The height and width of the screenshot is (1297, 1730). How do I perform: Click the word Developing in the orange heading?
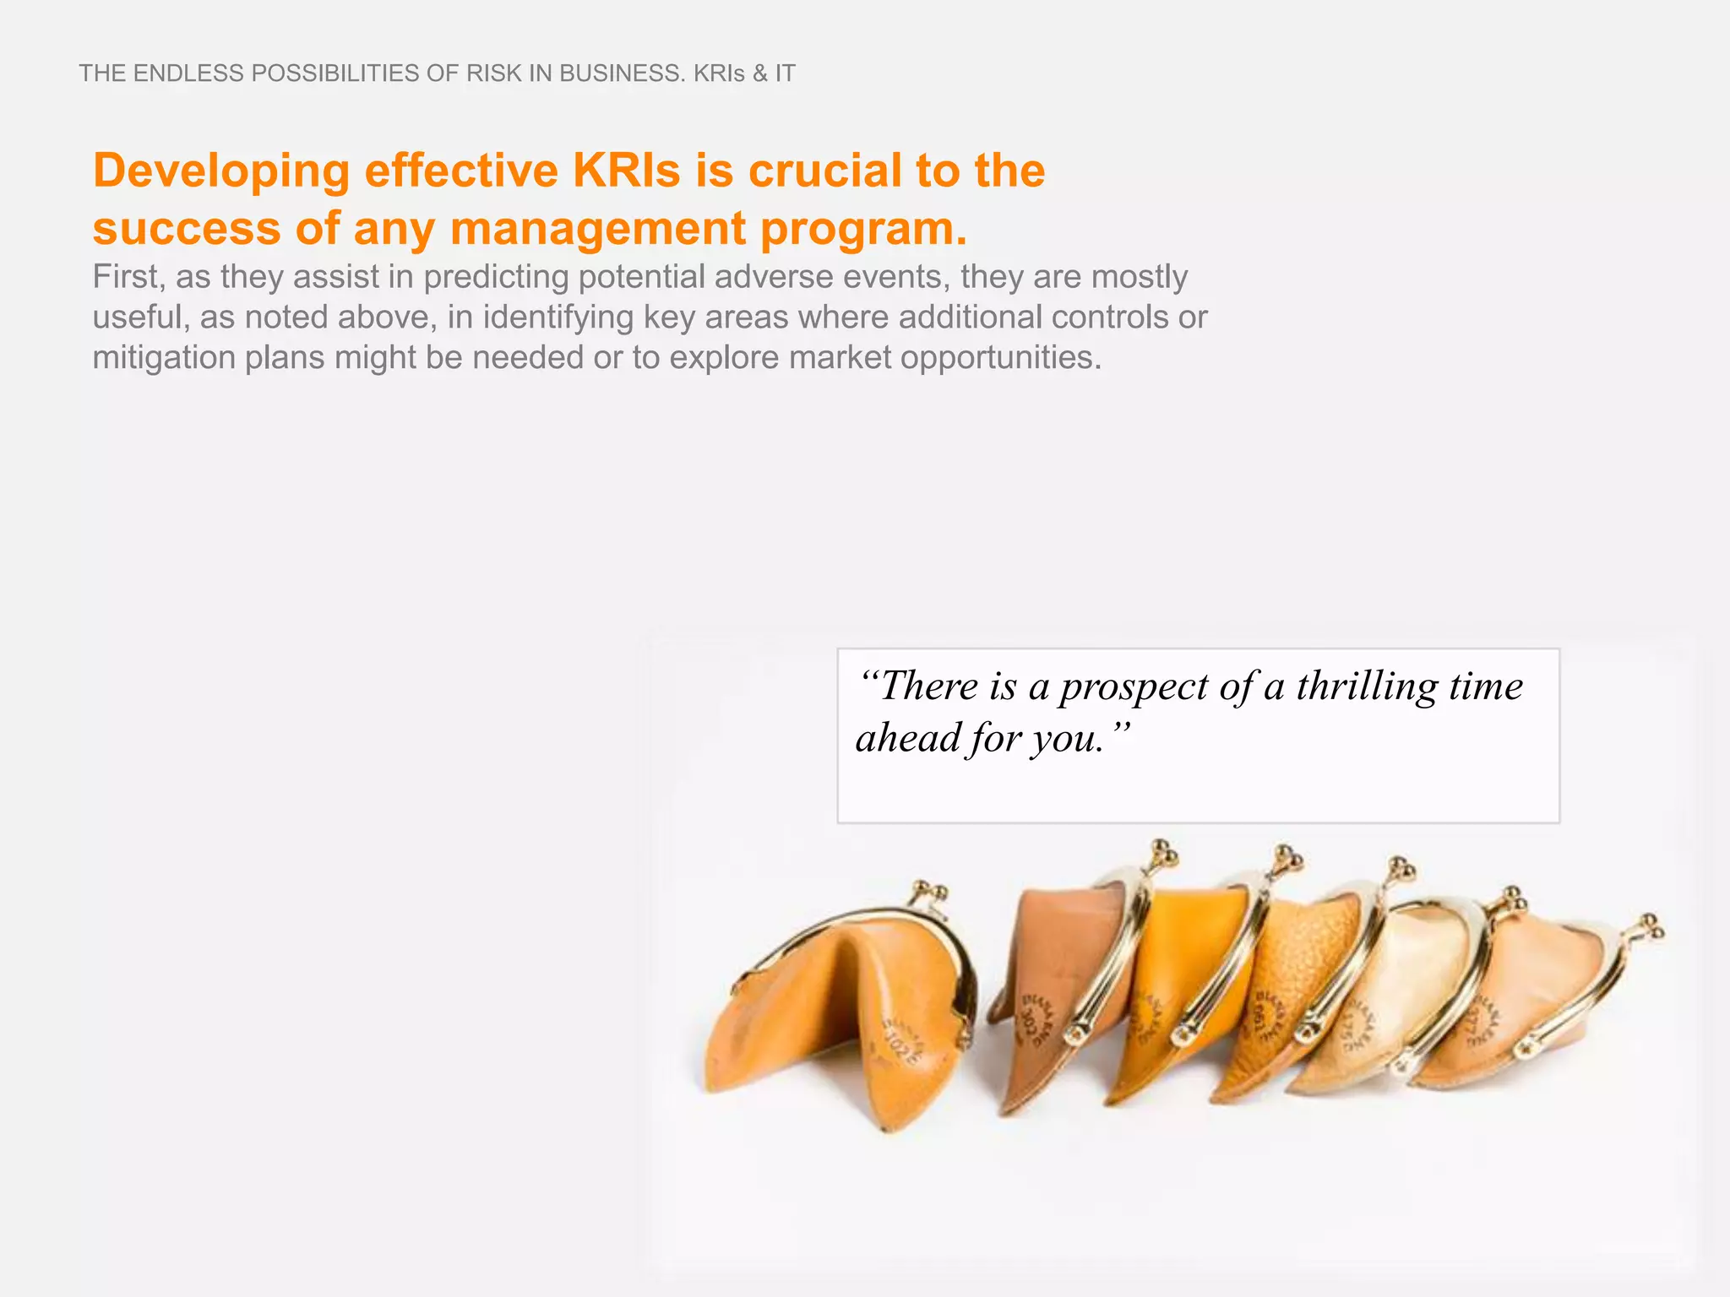221,171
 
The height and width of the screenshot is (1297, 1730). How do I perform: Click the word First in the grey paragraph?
125,277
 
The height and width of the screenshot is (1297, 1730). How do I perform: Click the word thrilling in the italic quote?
1365,686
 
